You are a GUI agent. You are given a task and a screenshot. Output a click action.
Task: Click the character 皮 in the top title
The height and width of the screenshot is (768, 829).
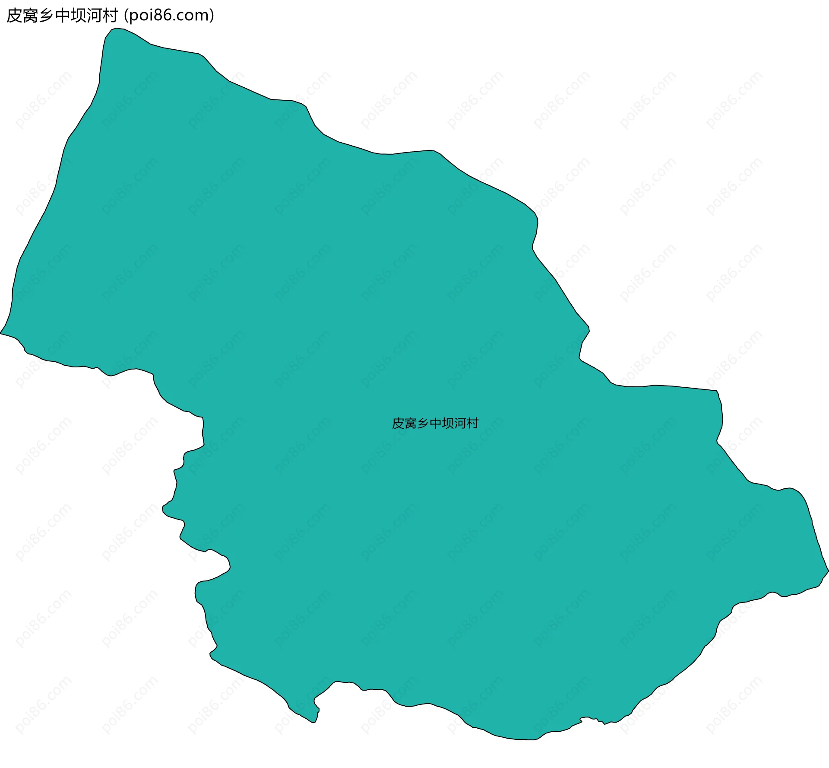14,16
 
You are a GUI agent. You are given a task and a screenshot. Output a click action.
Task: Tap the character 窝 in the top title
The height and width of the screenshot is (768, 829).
30,16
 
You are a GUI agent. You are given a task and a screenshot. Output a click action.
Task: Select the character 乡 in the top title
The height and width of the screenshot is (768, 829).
46,16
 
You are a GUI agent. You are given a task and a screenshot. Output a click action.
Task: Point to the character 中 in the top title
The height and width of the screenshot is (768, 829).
62,16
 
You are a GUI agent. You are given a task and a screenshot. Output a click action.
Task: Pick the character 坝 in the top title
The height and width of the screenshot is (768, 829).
78,16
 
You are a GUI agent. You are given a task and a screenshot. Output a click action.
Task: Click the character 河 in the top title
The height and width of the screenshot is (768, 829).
94,16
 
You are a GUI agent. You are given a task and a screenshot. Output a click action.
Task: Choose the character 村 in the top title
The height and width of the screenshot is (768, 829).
110,16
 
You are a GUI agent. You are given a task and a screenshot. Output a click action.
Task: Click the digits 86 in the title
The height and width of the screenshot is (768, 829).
162,16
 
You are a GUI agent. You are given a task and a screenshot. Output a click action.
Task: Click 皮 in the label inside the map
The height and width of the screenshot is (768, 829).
398,423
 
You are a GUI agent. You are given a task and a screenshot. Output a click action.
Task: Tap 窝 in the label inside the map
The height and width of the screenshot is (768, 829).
410,423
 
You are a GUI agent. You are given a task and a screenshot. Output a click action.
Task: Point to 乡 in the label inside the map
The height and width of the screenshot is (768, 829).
423,423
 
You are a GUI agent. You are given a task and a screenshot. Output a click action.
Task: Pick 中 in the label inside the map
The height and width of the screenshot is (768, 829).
435,423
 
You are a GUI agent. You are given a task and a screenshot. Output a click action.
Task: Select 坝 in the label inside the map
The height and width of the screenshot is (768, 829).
448,423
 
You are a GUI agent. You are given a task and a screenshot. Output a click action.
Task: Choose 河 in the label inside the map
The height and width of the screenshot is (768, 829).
460,423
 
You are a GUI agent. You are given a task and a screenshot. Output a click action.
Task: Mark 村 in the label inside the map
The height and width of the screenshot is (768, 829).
473,423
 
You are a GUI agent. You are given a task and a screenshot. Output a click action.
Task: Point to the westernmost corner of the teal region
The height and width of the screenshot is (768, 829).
1,333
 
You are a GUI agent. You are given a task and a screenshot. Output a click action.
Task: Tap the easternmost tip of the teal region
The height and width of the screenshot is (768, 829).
828,570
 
